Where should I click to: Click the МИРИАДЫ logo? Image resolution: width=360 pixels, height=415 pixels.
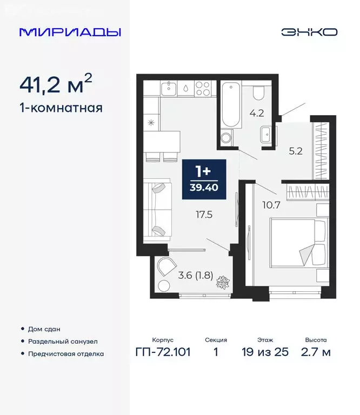pyautogui.click(x=70, y=32)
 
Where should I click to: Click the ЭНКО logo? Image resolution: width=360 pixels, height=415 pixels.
pyautogui.click(x=309, y=32)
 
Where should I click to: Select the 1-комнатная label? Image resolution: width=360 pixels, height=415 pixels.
pyautogui.click(x=61, y=108)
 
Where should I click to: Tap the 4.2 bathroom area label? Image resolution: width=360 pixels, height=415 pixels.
pyautogui.click(x=255, y=114)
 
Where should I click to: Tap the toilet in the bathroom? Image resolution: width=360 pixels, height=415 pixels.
pyautogui.click(x=258, y=92)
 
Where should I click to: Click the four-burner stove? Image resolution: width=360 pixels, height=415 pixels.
pyautogui.click(x=202, y=89)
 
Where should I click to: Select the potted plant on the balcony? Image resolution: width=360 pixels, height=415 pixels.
pyautogui.click(x=222, y=283)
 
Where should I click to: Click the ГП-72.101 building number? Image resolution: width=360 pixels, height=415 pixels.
pyautogui.click(x=163, y=352)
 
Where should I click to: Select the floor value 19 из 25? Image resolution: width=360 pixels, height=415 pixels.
pyautogui.click(x=265, y=352)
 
